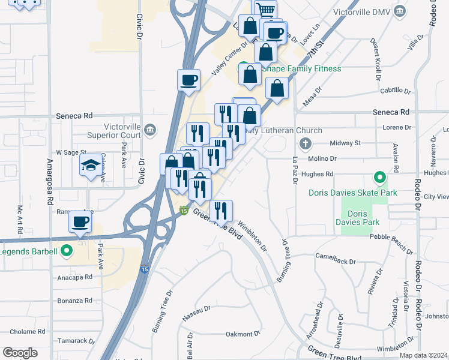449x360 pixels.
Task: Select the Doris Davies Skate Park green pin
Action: [x=379, y=178]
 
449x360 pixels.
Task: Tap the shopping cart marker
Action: [x=265, y=9]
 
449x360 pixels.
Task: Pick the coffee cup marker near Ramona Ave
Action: [x=79, y=222]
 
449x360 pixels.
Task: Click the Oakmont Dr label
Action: [x=243, y=334]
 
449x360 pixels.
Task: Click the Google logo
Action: [x=20, y=353]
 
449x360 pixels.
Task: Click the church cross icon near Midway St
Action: [x=305, y=144]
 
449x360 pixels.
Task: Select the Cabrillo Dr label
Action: [x=395, y=91]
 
